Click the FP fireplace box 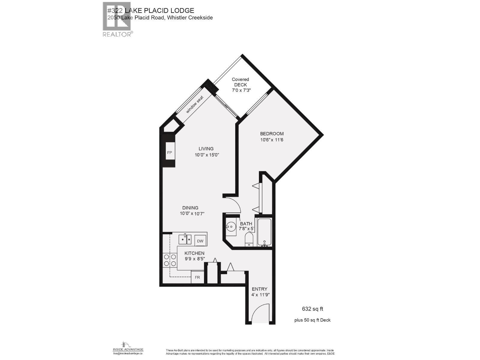click(x=169, y=153)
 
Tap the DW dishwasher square click(x=200, y=241)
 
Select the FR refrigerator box click(x=197, y=277)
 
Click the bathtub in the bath click(x=264, y=232)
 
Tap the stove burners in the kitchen click(x=169, y=260)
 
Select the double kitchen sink click(x=185, y=239)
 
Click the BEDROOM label click(x=271, y=134)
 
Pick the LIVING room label click(x=206, y=149)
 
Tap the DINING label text click(x=190, y=208)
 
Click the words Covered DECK click(x=240, y=82)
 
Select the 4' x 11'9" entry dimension click(x=259, y=295)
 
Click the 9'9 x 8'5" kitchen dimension click(x=194, y=259)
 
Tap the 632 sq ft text click(x=312, y=309)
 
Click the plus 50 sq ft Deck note click(x=312, y=320)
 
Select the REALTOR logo click(x=117, y=19)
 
